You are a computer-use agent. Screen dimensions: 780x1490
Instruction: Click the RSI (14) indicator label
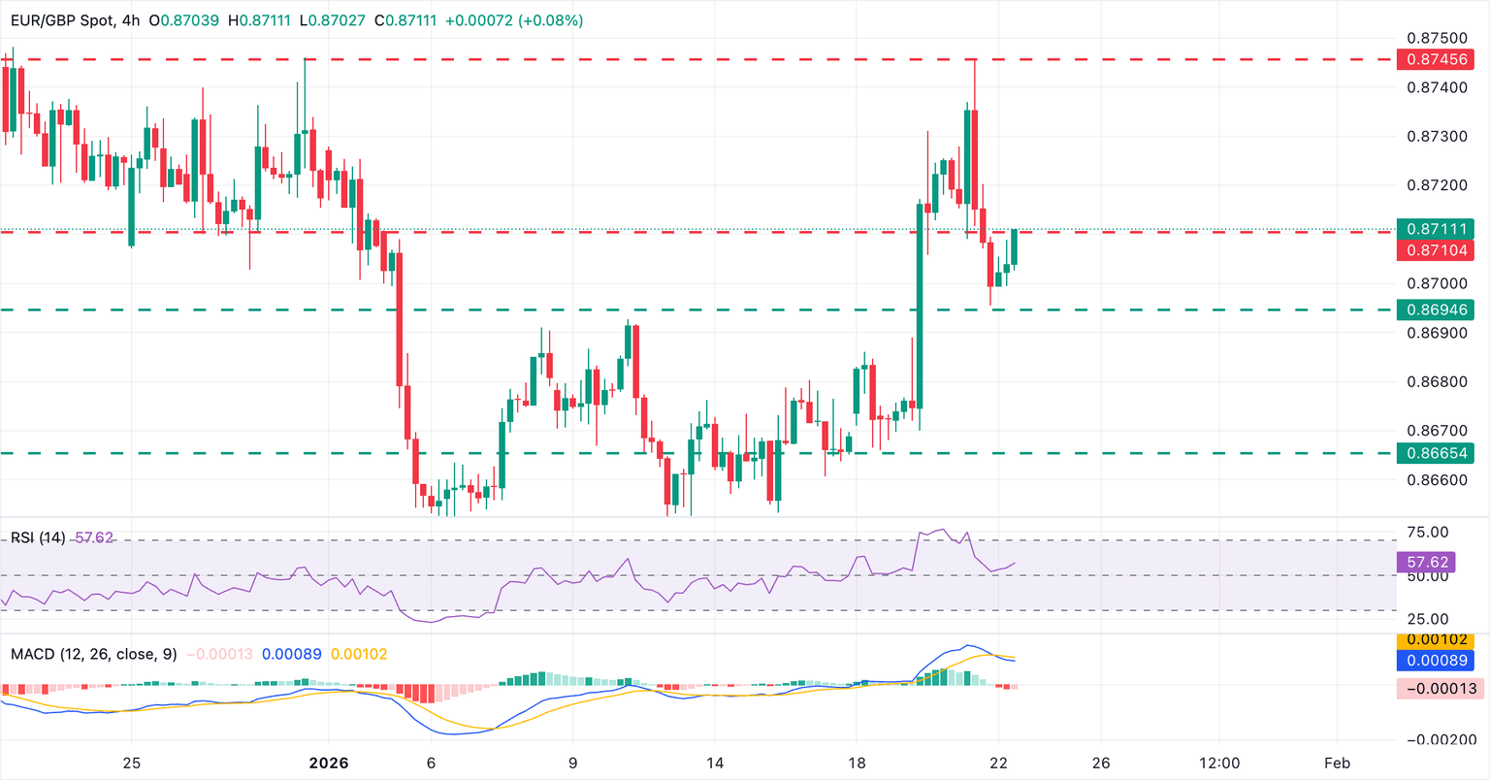click(x=38, y=537)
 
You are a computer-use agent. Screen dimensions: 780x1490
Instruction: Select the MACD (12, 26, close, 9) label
click(x=94, y=655)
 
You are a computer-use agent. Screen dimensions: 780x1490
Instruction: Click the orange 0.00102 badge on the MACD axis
click(x=1435, y=640)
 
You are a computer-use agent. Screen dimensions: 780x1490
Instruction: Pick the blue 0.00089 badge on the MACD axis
click(x=1435, y=661)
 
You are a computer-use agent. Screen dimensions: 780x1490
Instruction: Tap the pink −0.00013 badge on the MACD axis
click(x=1435, y=689)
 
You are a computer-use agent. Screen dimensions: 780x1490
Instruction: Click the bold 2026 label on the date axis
click(x=328, y=763)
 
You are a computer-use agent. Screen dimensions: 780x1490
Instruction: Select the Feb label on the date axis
click(x=1337, y=763)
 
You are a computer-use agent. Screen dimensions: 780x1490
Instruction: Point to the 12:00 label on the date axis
click(x=1218, y=763)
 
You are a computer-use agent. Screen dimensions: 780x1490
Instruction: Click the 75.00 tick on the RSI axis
click(x=1429, y=533)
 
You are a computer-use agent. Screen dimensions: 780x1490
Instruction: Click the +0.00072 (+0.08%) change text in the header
click(x=514, y=20)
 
